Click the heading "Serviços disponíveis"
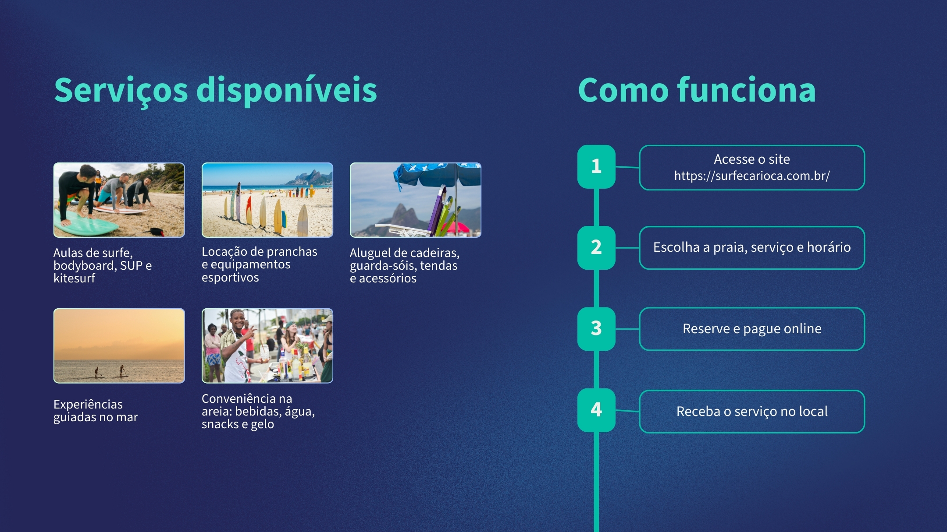tap(215, 91)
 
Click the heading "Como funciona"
tap(697, 90)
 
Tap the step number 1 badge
tap(596, 166)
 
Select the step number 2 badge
tap(596, 247)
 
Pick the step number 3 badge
tap(596, 329)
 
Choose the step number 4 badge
tap(596, 410)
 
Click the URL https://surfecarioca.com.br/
tap(752, 176)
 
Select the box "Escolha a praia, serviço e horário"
tap(752, 248)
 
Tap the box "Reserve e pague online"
tap(752, 329)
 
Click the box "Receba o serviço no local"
tap(752, 412)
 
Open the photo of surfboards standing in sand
tap(267, 200)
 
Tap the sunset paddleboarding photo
tap(119, 346)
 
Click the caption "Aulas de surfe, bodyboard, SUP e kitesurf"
tap(103, 265)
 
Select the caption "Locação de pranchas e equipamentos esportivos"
tap(260, 264)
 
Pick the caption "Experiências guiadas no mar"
tap(96, 411)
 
